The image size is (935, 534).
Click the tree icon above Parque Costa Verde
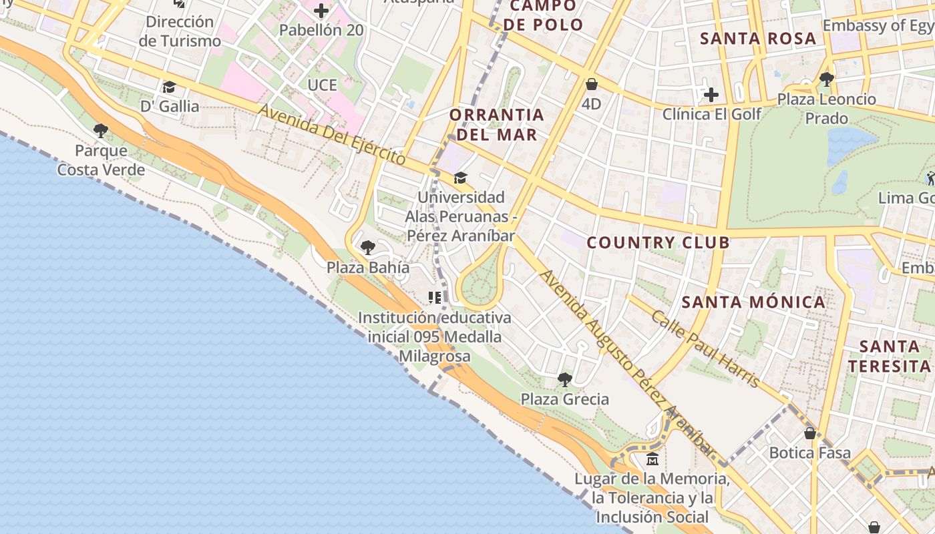[101, 130]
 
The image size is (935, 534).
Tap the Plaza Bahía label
[368, 268]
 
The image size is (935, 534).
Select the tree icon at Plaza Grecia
[565, 380]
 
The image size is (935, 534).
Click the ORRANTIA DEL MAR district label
[496, 124]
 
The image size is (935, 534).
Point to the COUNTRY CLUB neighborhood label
[659, 242]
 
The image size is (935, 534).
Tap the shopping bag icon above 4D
[591, 84]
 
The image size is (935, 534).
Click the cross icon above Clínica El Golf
[711, 95]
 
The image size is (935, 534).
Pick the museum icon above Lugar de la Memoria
[652, 459]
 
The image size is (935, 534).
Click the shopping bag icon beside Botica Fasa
[810, 433]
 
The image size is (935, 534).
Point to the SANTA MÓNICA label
[753, 302]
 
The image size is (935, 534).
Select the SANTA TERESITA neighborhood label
[890, 356]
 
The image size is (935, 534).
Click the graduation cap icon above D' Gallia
[169, 87]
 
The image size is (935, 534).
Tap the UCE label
[323, 85]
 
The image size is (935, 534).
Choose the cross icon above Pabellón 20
[321, 11]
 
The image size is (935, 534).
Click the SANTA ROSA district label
[758, 39]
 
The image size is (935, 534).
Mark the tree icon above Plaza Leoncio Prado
[827, 79]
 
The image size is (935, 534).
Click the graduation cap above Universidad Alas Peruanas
[460, 178]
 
